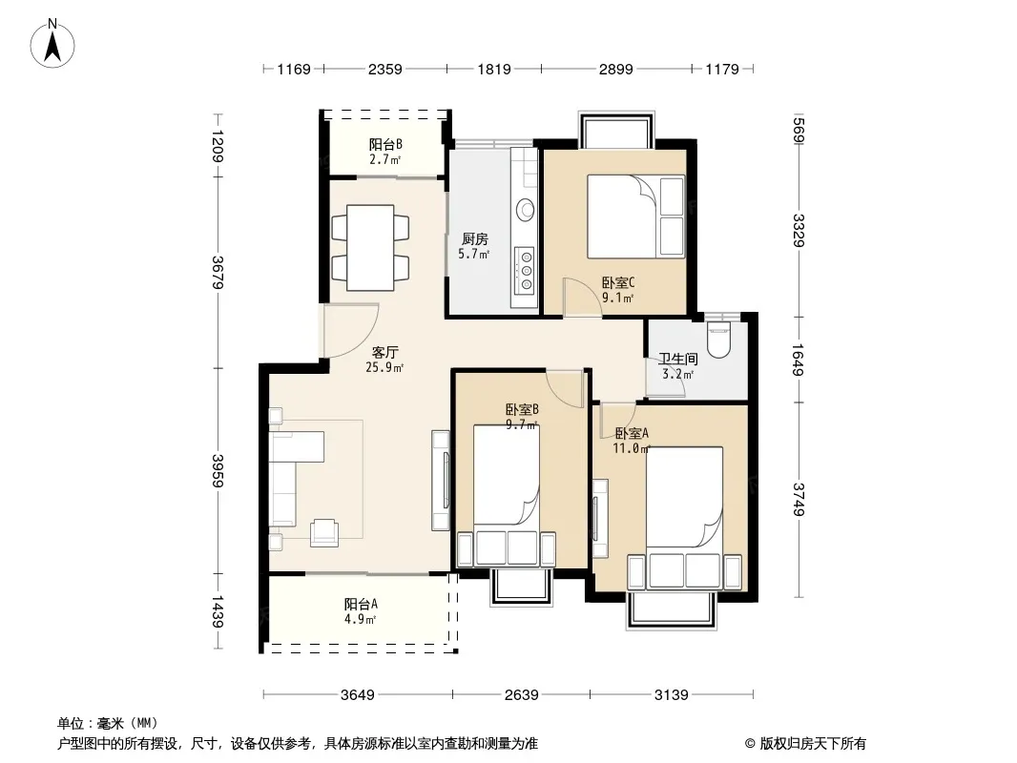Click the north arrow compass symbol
coord(52,43)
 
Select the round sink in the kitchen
coord(526,210)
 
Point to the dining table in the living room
coord(370,248)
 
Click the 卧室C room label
coord(617,282)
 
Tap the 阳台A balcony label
coord(361,604)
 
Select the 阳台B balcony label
coord(385,145)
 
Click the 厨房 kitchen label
coord(475,239)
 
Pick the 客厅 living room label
coord(384,353)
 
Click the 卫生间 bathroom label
coord(678,360)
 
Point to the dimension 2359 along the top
coord(385,69)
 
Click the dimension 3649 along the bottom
coord(358,695)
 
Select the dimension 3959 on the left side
coord(218,471)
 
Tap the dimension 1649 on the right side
coord(799,360)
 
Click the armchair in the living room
coord(324,532)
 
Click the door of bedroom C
coord(583,298)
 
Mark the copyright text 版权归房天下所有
coord(813,744)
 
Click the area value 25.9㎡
coord(384,367)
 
